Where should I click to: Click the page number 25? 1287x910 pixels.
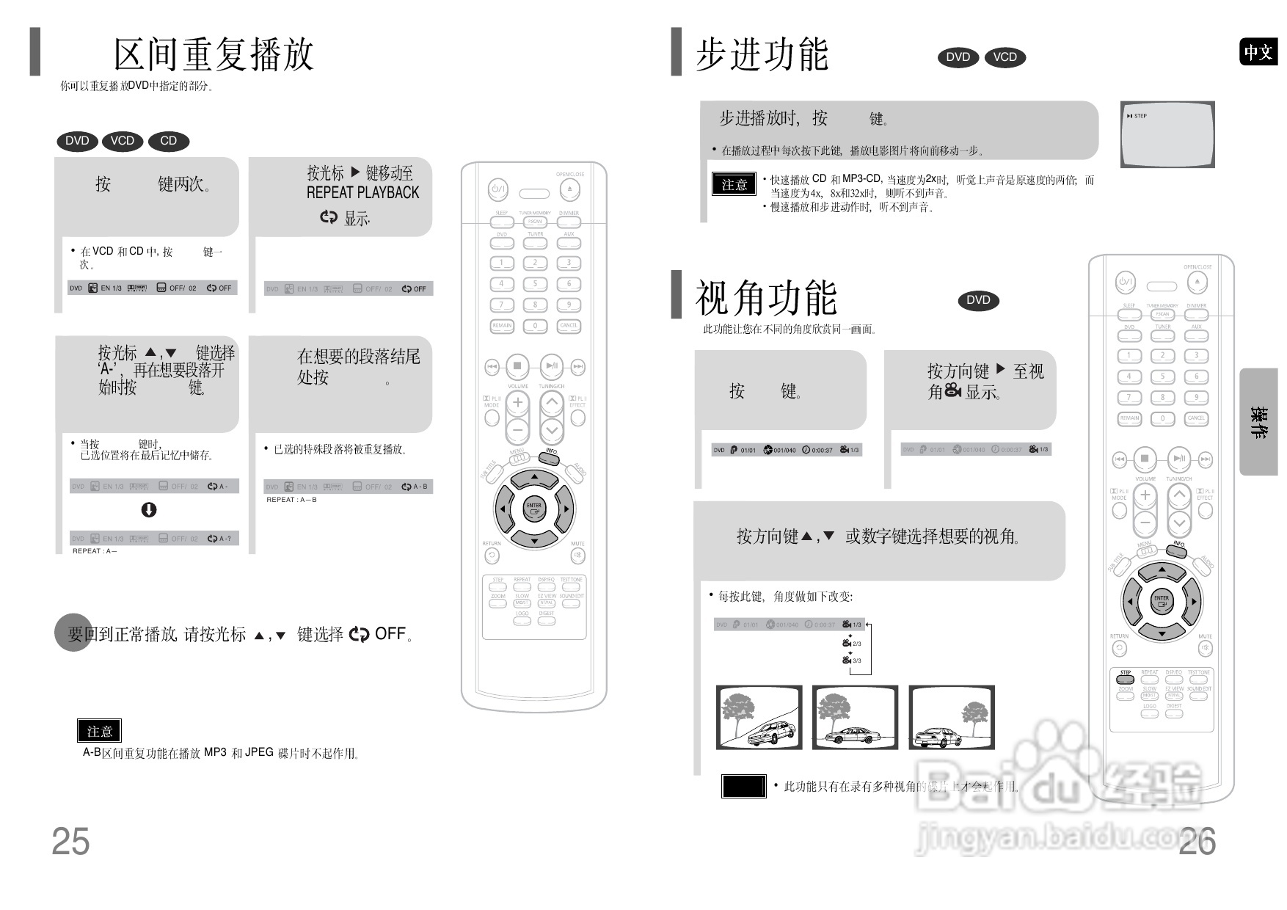pos(70,841)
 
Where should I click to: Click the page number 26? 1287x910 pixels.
pos(1197,841)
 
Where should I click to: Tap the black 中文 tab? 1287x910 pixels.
pos(1258,52)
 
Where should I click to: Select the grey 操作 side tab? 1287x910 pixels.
pos(1258,422)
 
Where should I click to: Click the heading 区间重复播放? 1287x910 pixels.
pos(214,54)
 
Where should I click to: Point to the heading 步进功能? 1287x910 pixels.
pos(762,54)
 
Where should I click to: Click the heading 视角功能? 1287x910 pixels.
pos(766,297)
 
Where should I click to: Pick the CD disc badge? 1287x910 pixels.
pos(169,141)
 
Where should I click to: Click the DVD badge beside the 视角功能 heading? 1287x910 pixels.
pos(978,300)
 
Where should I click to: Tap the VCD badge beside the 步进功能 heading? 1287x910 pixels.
pos(1005,57)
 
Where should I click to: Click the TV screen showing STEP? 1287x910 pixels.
pos(1167,134)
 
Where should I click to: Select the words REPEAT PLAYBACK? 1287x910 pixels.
pos(362,193)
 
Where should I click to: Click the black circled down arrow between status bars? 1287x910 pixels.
pos(149,510)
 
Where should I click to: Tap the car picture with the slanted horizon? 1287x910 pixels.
pos(759,718)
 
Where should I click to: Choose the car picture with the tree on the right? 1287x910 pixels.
pos(952,718)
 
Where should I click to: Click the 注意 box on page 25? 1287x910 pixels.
pos(100,731)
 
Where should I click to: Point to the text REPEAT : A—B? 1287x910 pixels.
pos(292,500)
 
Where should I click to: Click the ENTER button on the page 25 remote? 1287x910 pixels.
pos(533,508)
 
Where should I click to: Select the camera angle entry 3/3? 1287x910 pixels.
pos(852,660)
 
